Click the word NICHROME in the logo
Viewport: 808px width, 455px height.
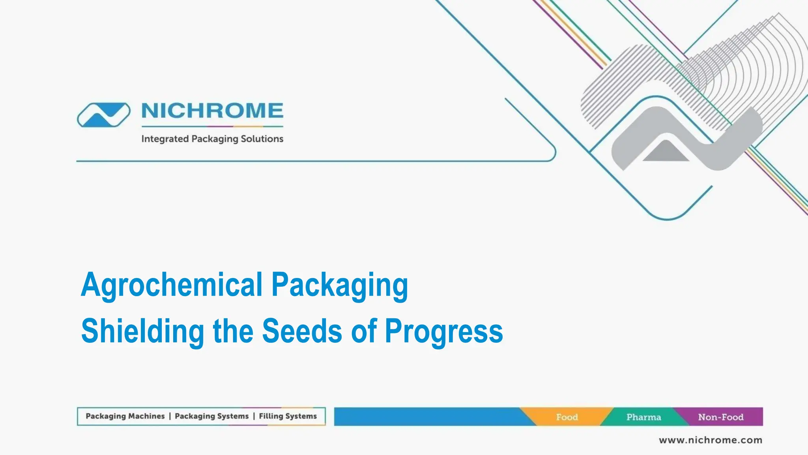click(x=212, y=111)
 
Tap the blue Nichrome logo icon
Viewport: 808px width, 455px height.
click(x=103, y=115)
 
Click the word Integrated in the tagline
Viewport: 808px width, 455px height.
click(x=165, y=139)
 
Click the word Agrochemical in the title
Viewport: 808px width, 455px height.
click(x=172, y=285)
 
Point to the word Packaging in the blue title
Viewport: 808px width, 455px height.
click(x=340, y=285)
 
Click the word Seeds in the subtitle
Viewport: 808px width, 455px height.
click(x=302, y=331)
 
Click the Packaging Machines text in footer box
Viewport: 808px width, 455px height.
click(x=125, y=416)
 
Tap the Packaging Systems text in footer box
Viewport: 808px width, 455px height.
click(x=211, y=416)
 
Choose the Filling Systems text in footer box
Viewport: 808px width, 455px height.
click(x=288, y=416)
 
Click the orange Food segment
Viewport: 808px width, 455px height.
click(x=567, y=417)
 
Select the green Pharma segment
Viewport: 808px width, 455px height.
click(x=643, y=417)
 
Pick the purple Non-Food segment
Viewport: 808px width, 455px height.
click(x=721, y=417)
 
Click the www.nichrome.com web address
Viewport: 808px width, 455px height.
click(x=711, y=440)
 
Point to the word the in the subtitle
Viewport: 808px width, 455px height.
click(x=233, y=331)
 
